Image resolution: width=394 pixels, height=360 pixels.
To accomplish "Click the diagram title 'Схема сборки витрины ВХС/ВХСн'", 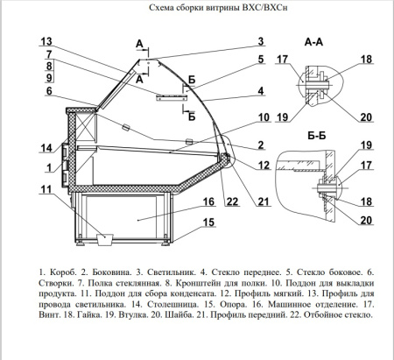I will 197,9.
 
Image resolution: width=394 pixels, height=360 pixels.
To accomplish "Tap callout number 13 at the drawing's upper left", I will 46,42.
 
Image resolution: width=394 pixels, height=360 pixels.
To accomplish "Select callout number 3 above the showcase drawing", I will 260,41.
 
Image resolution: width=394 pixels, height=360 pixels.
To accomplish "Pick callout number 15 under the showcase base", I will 210,222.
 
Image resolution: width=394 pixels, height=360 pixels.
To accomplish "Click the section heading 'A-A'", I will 314,42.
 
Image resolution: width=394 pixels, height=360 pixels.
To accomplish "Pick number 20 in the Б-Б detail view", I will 366,220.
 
